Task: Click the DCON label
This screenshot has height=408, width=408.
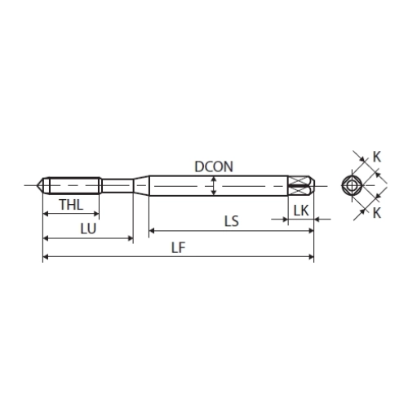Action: point(214,166)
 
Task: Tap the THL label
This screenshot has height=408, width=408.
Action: point(71,205)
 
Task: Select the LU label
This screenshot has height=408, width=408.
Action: point(88,228)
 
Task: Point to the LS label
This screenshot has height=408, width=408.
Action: point(232,221)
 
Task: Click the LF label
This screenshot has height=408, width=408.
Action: point(179,248)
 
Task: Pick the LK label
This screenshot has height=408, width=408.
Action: point(301,211)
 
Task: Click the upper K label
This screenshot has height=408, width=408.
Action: point(377,157)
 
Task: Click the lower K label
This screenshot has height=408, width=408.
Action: point(377,213)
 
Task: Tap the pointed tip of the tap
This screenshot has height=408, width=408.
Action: point(37,185)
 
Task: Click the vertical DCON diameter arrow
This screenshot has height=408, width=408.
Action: point(214,186)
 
